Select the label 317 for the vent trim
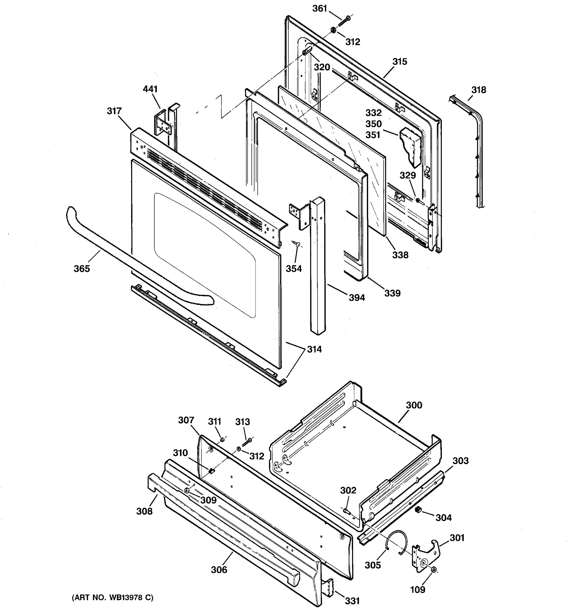(114, 111)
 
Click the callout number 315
(400, 62)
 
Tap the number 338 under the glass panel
(400, 255)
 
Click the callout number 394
(357, 297)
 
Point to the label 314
(314, 349)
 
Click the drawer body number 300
(414, 405)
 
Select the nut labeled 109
(434, 570)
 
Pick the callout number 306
(219, 570)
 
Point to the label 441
(150, 89)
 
